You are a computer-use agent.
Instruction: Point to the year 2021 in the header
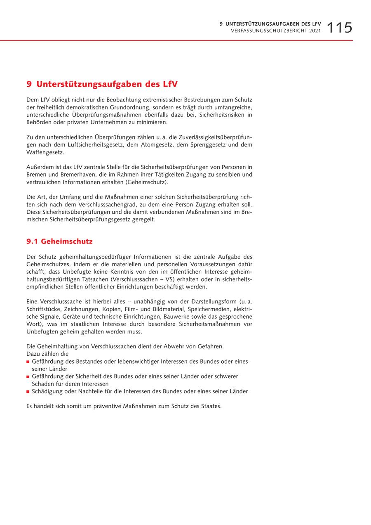[314, 31]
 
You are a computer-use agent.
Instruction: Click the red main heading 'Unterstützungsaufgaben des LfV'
[107, 84]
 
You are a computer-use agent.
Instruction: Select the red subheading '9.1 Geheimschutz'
[59, 241]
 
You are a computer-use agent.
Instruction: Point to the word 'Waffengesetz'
[45, 152]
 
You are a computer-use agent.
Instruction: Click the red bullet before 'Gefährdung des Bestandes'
[28, 362]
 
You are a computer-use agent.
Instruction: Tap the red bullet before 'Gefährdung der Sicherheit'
[28, 377]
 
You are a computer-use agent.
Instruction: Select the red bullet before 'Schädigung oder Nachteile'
[28, 392]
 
